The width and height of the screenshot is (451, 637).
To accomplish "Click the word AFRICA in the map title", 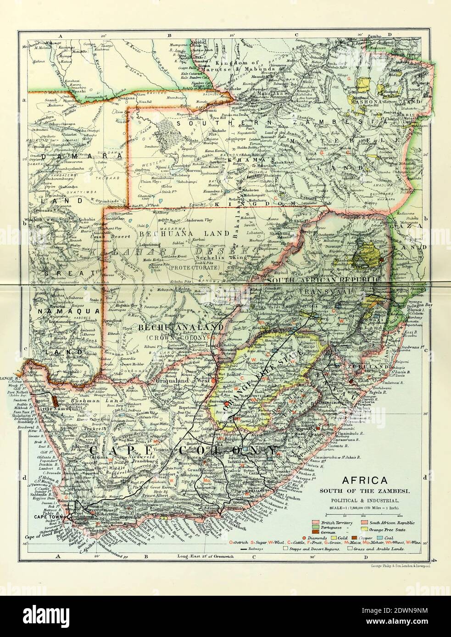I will [x=362, y=482].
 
